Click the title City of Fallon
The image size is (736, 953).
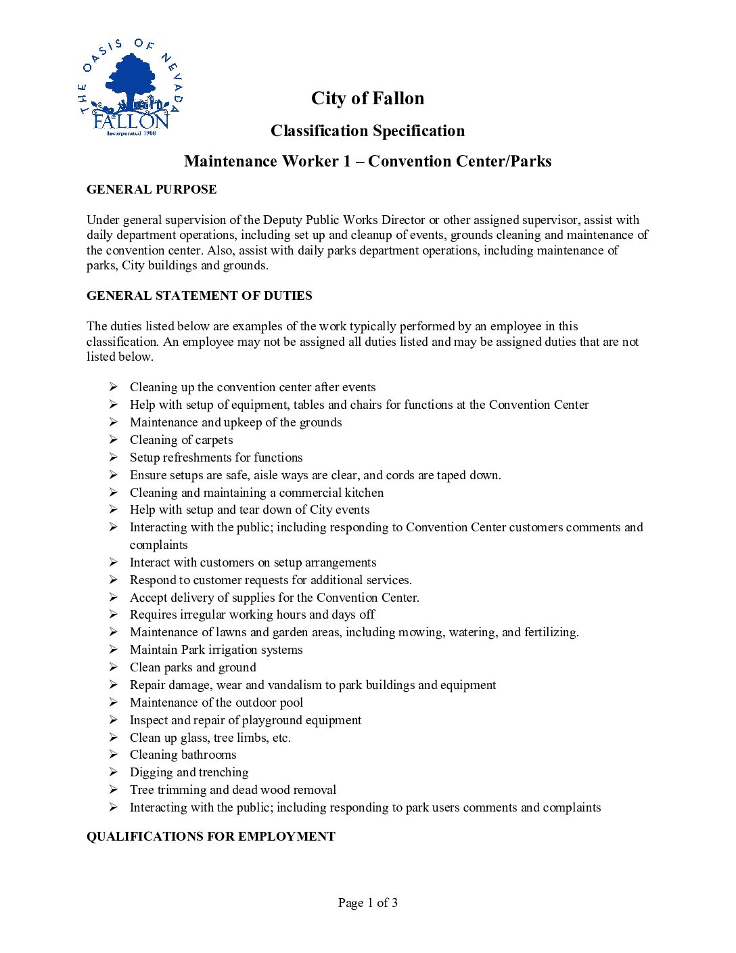coord(367,99)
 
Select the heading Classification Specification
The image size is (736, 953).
coord(367,131)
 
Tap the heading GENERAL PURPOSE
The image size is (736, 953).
coord(152,190)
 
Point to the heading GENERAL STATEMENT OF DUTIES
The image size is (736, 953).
coord(200,296)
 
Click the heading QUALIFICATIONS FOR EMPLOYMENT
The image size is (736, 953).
coord(210,837)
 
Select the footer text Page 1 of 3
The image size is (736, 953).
coord(367,903)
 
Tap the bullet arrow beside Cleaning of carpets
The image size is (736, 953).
coord(114,439)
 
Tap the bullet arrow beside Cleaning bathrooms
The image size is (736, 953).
coord(114,754)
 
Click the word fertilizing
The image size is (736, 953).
coord(551,632)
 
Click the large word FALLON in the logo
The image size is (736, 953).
coord(131,121)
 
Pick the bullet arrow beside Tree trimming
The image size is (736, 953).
coord(114,789)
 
